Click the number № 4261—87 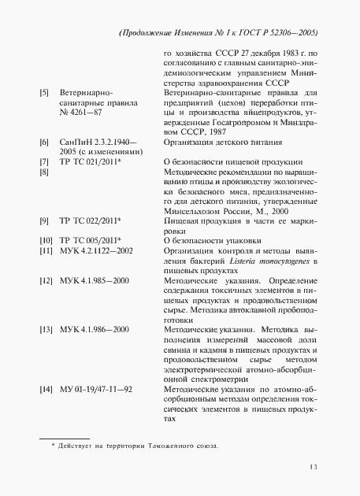click(x=81, y=113)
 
